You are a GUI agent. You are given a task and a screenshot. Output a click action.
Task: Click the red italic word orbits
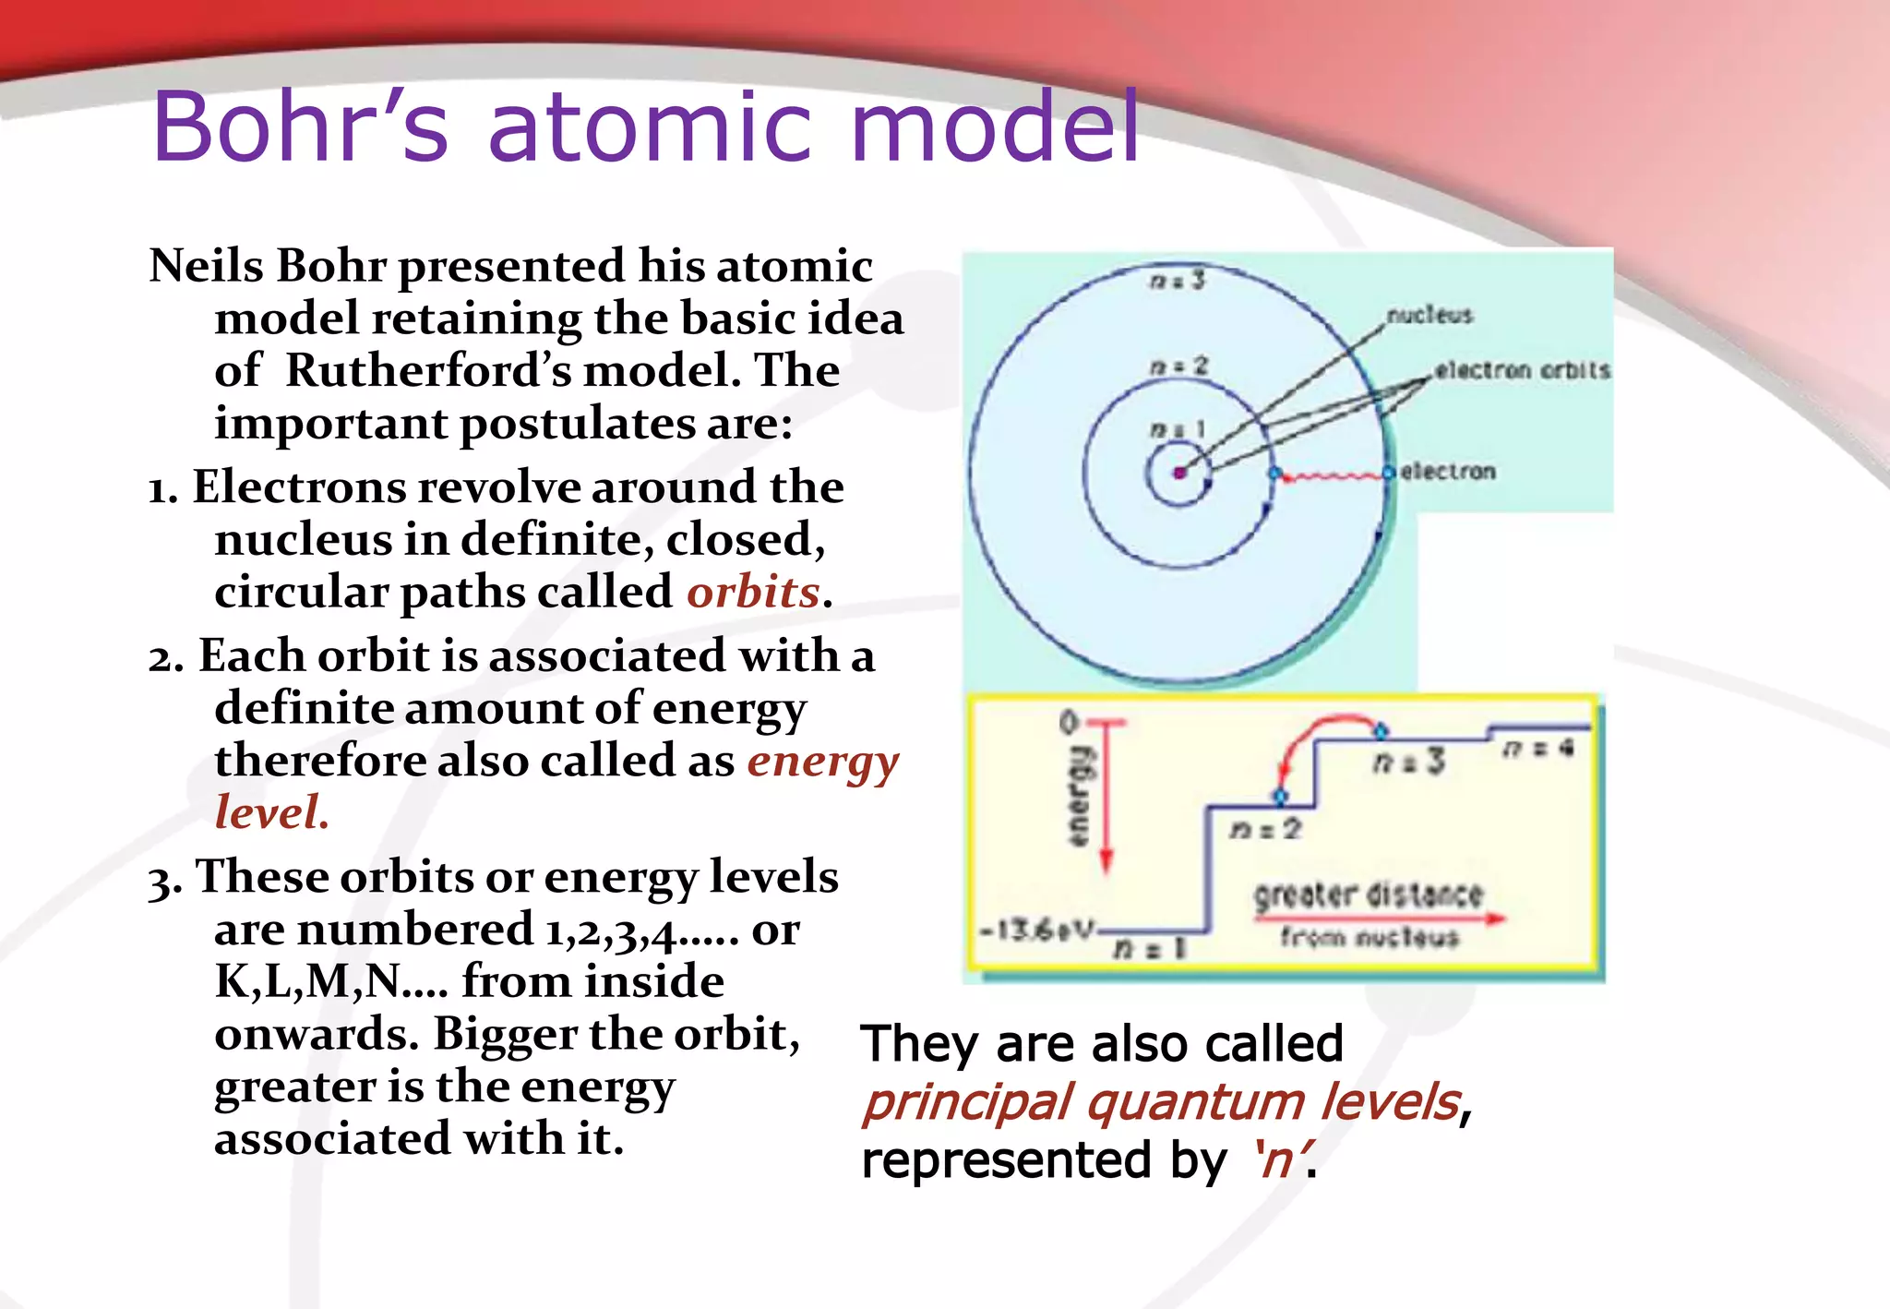tap(753, 592)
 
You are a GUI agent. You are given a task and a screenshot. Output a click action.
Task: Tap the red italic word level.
tap(270, 813)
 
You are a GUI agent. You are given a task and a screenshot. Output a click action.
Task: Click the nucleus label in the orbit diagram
tap(1429, 316)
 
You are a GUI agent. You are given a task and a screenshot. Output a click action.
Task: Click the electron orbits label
tap(1522, 370)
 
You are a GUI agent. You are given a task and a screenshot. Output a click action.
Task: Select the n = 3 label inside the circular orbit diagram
tap(1178, 279)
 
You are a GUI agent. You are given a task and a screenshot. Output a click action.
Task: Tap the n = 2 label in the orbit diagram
tap(1178, 366)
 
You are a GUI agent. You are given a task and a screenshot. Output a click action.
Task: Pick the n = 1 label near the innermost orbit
tap(1178, 429)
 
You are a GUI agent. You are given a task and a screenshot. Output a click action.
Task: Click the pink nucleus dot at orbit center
tap(1179, 474)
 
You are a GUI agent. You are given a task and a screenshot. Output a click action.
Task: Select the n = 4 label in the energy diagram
tap(1537, 749)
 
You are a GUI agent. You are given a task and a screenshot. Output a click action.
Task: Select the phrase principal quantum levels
tap(1162, 1102)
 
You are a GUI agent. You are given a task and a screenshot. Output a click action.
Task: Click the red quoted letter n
tap(1278, 1159)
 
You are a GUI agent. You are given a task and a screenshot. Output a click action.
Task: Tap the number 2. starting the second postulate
tap(166, 658)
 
